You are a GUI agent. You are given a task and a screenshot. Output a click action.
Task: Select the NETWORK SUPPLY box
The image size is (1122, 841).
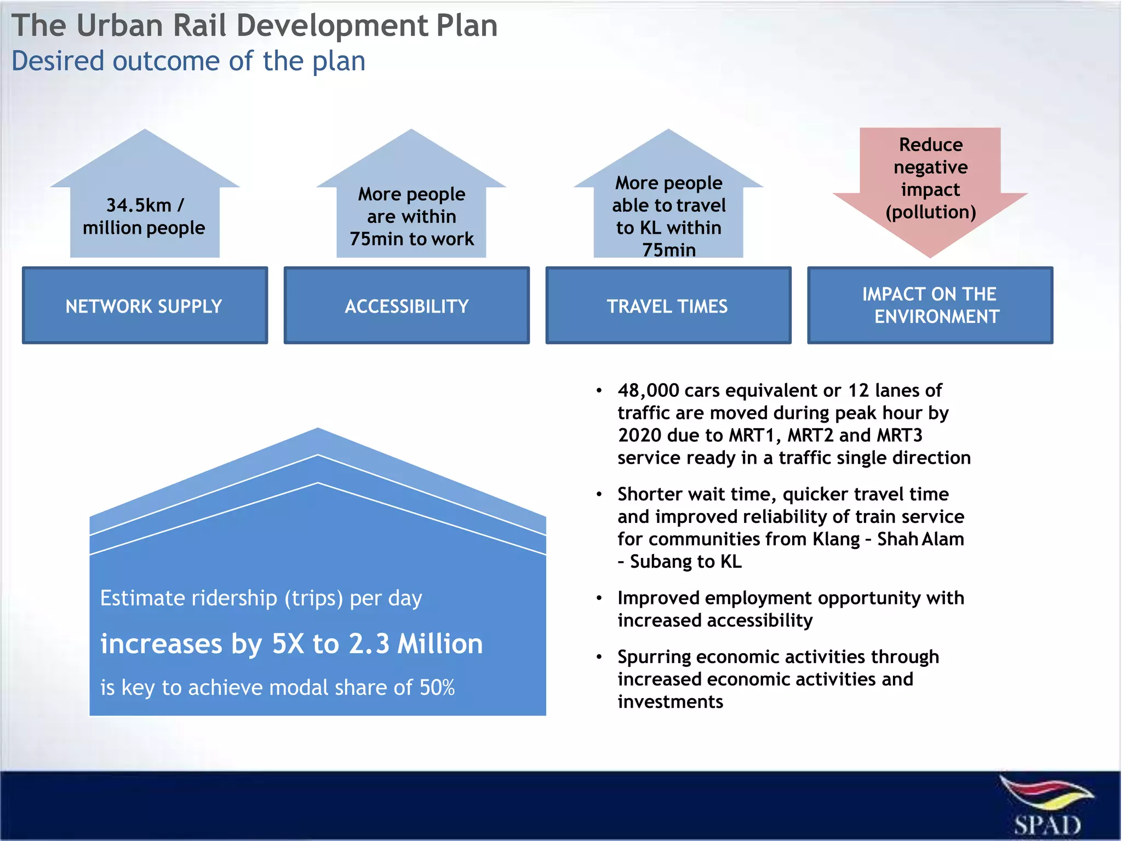pos(145,306)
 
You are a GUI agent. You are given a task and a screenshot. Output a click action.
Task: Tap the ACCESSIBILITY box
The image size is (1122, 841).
pos(407,306)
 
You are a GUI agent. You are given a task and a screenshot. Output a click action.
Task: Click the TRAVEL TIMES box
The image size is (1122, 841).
pos(668,306)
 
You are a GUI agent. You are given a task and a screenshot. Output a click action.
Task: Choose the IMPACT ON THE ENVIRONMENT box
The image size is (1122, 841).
pos(930,306)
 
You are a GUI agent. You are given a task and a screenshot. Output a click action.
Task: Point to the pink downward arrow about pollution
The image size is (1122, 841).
pos(930,192)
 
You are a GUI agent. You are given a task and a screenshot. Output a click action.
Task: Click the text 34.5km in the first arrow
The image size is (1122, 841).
pos(139,205)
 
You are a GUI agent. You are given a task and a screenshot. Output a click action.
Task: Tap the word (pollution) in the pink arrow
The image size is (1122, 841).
pos(930,212)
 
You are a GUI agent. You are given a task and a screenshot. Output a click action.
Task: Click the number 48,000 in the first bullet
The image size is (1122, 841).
pos(648,390)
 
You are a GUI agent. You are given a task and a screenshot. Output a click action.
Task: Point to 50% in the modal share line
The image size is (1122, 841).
pos(437,688)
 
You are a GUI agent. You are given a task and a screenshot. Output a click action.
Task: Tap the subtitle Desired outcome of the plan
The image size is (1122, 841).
pos(188,61)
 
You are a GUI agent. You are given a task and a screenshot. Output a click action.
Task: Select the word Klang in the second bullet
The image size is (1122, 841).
pos(836,539)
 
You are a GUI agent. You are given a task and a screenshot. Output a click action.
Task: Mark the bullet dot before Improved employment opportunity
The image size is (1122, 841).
pos(599,598)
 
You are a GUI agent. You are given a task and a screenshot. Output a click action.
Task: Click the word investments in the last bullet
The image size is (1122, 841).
pos(670,702)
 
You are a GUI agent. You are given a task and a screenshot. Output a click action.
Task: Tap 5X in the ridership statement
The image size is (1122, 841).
pos(288,644)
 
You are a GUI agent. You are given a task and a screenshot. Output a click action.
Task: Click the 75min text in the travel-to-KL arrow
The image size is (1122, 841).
pos(668,250)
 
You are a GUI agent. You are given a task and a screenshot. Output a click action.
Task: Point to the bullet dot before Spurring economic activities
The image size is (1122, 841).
pos(599,657)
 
